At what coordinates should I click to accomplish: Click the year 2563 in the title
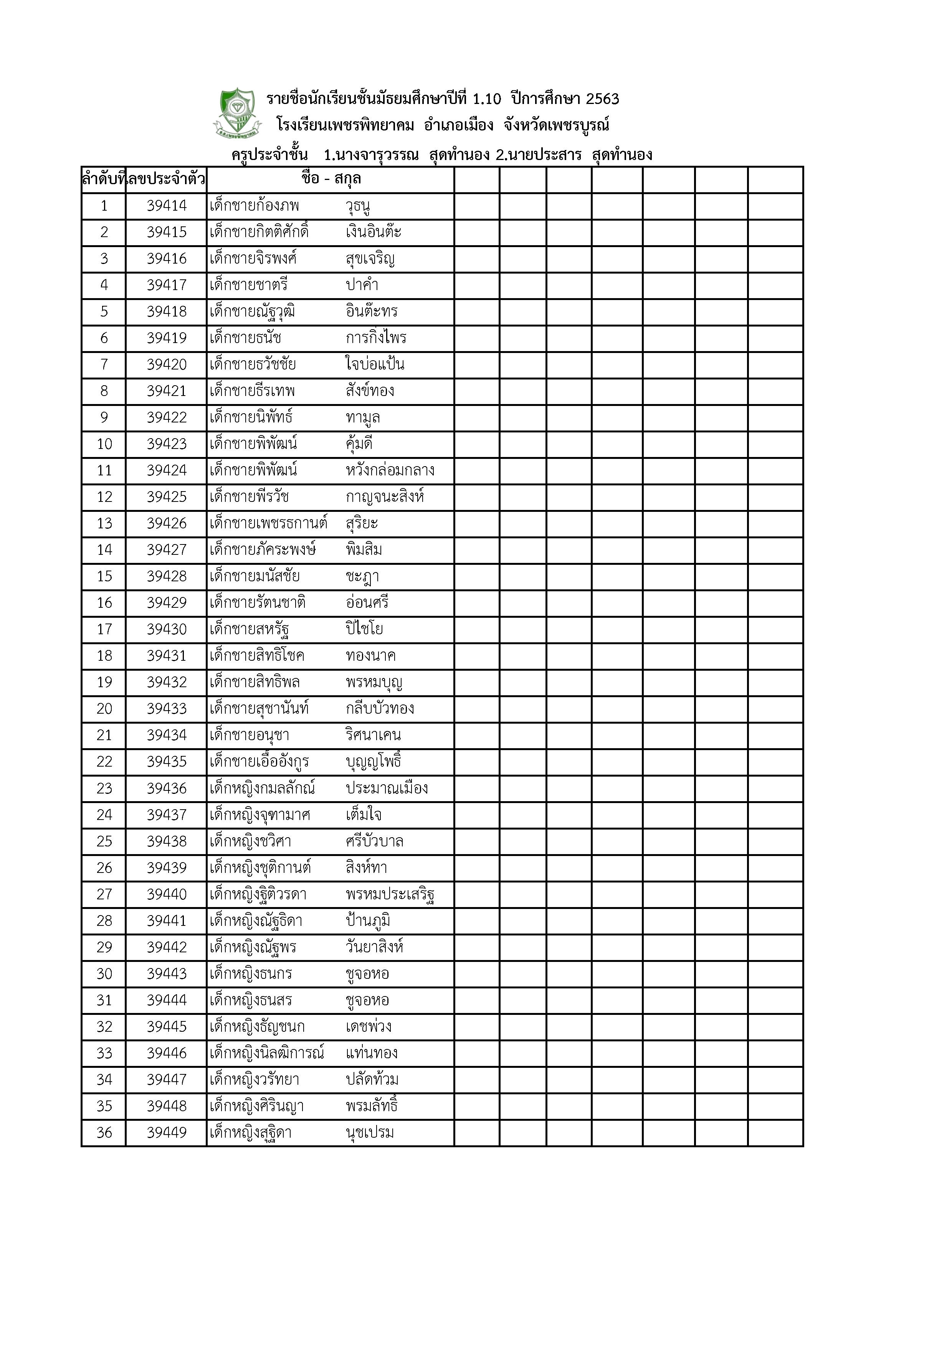(602, 99)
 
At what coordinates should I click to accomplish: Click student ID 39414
(167, 206)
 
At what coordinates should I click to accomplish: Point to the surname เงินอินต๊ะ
(374, 232)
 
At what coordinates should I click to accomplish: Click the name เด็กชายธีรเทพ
(252, 391)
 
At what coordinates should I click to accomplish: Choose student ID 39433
(167, 709)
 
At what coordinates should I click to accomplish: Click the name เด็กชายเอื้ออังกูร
(259, 762)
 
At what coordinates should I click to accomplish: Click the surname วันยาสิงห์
(374, 947)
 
